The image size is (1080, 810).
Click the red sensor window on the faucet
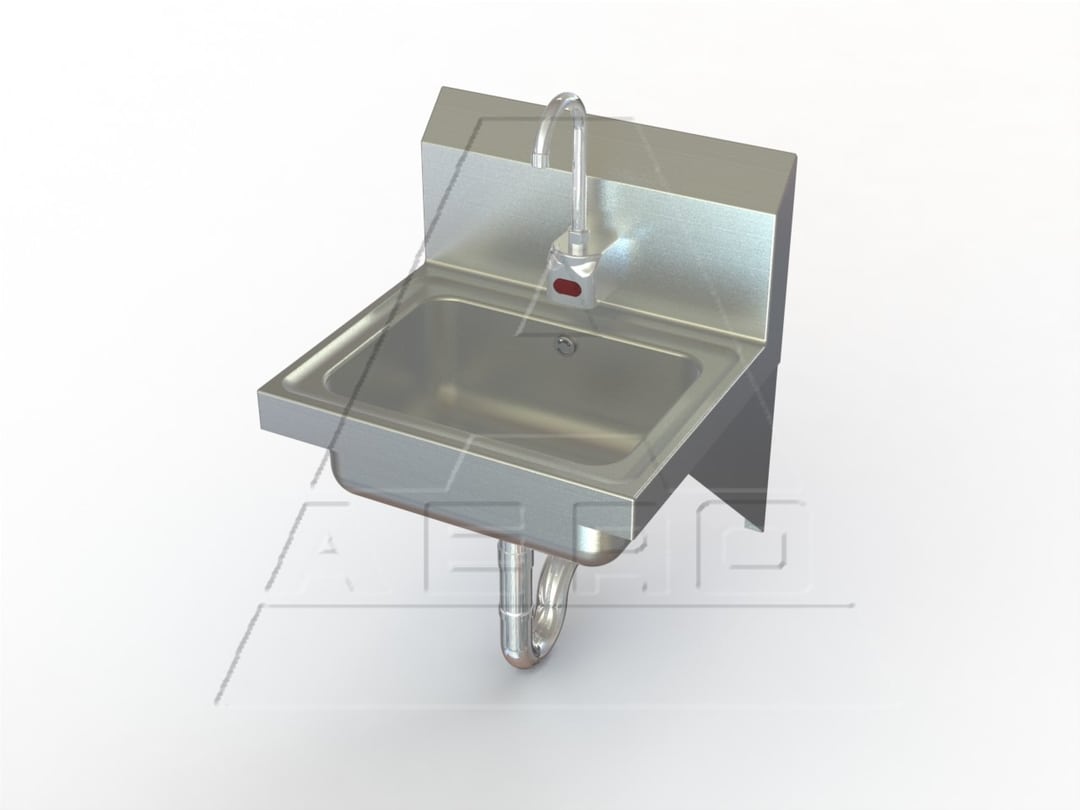coord(567,291)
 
